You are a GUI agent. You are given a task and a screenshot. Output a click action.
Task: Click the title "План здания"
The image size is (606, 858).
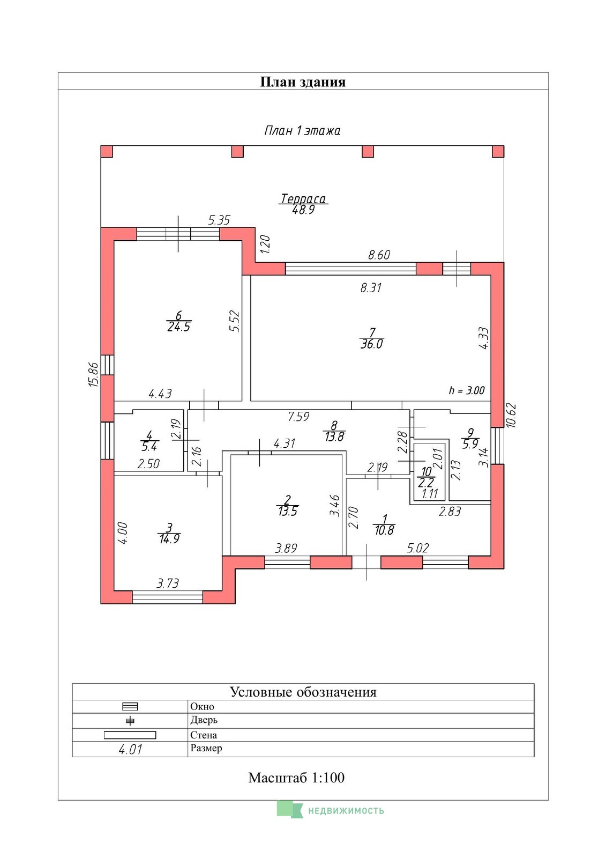(x=303, y=82)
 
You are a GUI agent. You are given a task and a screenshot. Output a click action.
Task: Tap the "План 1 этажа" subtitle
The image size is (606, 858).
(x=302, y=131)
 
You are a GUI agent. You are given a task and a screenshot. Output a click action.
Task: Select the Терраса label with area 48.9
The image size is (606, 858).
(x=303, y=204)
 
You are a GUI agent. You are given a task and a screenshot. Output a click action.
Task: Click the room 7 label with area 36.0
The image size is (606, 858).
(x=371, y=338)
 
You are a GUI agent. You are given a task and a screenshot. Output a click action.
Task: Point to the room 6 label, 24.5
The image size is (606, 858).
(x=179, y=321)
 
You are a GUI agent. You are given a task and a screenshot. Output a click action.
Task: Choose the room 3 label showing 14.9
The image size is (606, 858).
(x=169, y=533)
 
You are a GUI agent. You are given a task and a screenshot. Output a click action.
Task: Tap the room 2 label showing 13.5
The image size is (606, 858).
(x=287, y=505)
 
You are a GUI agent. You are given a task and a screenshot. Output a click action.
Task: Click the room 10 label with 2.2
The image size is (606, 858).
(x=425, y=477)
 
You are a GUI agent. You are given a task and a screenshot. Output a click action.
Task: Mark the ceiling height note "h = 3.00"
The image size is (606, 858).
(x=467, y=390)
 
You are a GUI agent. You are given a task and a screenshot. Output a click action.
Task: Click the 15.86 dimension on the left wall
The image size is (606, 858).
(x=94, y=374)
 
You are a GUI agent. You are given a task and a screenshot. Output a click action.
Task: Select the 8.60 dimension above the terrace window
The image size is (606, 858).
(x=379, y=255)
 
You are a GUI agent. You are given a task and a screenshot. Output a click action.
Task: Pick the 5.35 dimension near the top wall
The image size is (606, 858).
(x=219, y=220)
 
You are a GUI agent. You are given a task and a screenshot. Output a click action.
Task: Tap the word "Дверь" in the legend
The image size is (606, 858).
(x=204, y=720)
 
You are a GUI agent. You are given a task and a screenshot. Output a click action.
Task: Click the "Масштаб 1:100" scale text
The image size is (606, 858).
(x=296, y=778)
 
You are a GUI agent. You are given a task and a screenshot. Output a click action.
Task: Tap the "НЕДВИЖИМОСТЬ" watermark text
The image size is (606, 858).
(x=346, y=810)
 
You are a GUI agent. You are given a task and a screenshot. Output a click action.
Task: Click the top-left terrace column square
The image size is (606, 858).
(x=107, y=151)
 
